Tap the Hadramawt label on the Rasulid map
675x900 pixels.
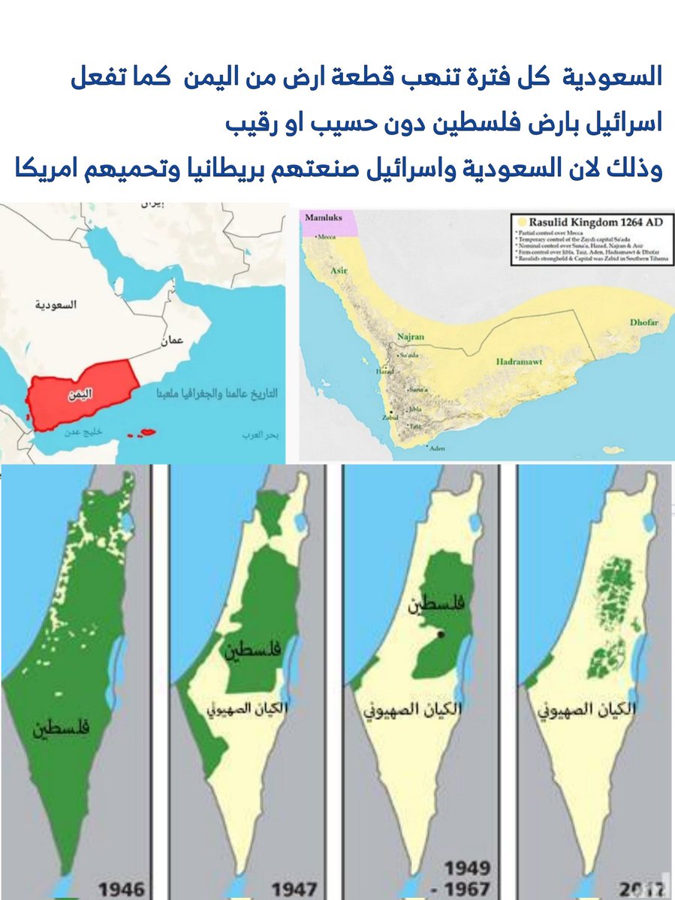[x=518, y=361]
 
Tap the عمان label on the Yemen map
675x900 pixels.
[x=171, y=340]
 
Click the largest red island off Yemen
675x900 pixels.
[x=146, y=432]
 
